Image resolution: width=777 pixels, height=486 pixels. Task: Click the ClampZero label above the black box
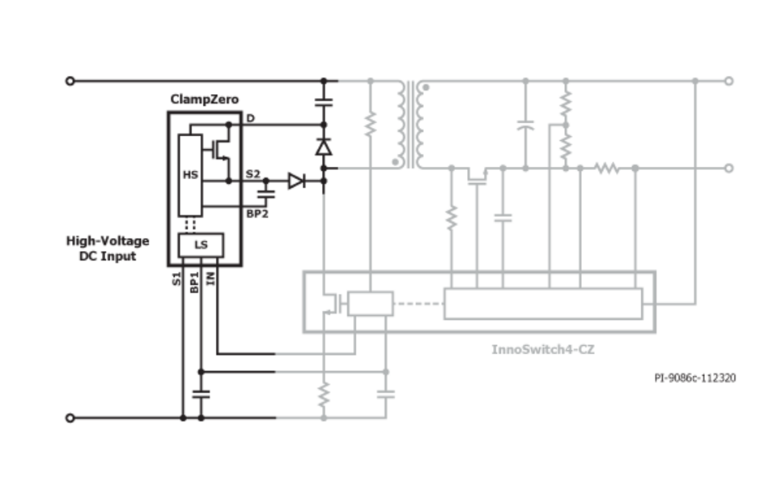tap(204, 100)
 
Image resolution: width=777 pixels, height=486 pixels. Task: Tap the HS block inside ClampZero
tap(190, 174)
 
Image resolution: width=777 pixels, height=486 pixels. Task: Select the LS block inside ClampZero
tap(201, 245)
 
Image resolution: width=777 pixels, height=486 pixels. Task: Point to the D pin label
tap(251, 119)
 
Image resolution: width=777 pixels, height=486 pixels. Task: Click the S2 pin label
tap(253, 174)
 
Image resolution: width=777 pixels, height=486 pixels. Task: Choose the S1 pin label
tap(176, 280)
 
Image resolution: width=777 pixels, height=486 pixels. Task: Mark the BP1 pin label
tap(194, 282)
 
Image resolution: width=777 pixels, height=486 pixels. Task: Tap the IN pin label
tap(210, 279)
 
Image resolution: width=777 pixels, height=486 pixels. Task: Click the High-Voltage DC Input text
tap(108, 249)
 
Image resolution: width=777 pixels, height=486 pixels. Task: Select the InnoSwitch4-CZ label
tap(543, 349)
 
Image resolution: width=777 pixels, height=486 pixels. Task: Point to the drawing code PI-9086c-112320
tap(695, 377)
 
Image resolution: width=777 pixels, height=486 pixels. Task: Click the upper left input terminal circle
tap(70, 81)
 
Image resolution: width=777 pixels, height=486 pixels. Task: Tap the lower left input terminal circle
tap(70, 418)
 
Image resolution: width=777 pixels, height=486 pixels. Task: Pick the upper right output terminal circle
tap(728, 81)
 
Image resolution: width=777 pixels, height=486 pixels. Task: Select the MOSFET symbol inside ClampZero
tap(219, 149)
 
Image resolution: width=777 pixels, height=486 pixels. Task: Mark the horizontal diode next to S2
tap(296, 181)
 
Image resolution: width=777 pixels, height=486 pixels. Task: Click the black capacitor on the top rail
tap(324, 103)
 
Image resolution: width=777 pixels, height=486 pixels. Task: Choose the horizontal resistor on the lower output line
tap(607, 168)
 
